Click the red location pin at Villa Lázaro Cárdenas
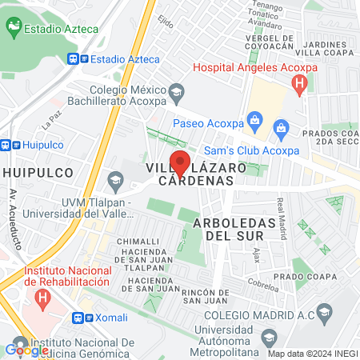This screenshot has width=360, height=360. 181,162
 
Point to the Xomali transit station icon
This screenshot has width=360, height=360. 78,317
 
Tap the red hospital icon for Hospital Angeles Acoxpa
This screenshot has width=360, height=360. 300,82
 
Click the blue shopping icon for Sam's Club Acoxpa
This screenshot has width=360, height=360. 281,128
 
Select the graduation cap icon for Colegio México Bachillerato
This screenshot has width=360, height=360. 176,97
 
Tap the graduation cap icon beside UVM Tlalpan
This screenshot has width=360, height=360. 117,181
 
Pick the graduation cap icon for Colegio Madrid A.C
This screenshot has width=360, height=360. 323,310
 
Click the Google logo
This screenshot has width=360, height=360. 26,349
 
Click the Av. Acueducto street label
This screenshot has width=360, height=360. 13,220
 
